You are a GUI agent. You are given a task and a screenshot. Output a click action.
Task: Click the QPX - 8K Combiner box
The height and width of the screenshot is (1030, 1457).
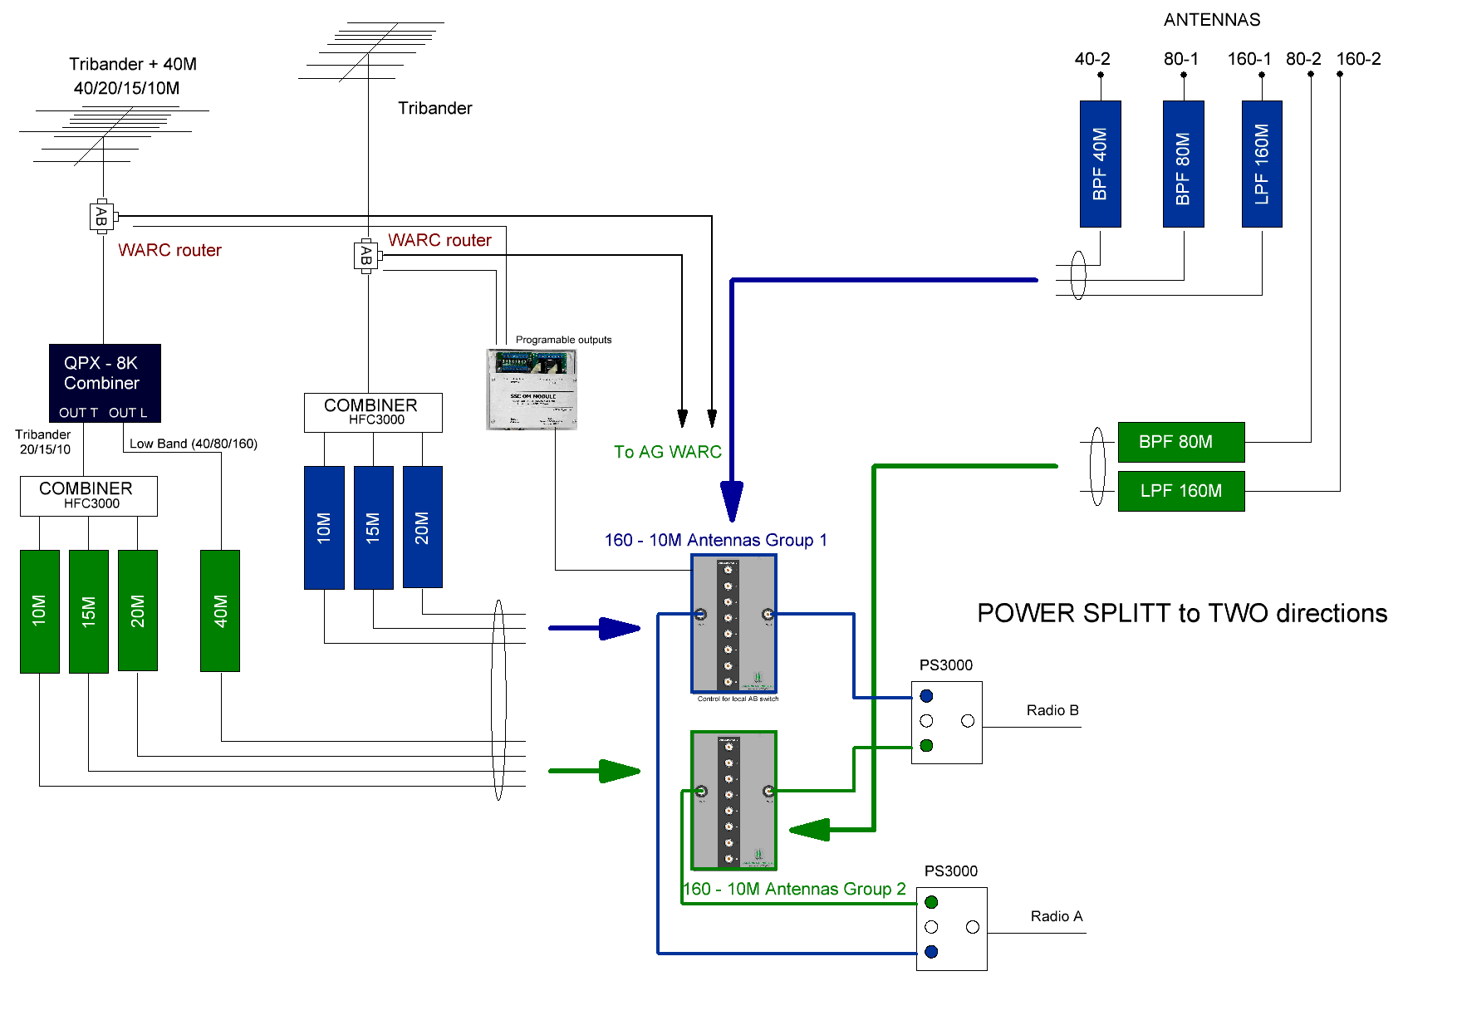click(105, 383)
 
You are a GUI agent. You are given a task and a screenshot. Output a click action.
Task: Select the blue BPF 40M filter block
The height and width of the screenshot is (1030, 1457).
click(1100, 164)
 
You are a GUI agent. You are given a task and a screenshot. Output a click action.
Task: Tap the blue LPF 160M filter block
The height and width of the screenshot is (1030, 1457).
click(1262, 164)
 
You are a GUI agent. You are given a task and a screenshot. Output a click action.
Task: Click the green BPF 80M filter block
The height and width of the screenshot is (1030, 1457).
click(1180, 442)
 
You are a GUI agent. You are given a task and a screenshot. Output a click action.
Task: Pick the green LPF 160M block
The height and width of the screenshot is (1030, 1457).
click(1180, 491)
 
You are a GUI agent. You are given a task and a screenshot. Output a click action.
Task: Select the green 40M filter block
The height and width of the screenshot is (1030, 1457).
click(220, 611)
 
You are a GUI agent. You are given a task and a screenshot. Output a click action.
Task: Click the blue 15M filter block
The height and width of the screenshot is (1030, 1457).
click(373, 527)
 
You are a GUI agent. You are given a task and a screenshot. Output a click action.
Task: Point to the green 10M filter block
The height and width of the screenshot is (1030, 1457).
click(39, 611)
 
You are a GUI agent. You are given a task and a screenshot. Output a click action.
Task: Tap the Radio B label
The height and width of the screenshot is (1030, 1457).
click(1052, 710)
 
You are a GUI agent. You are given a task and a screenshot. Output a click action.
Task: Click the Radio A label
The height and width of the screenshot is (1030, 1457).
click(1056, 916)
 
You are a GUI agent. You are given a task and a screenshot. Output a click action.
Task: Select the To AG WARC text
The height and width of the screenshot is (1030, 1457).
click(667, 452)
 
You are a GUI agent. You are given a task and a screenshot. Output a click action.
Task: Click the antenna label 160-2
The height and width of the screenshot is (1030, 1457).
click(1358, 59)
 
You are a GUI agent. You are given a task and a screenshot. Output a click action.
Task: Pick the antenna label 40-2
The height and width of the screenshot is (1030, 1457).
click(1092, 59)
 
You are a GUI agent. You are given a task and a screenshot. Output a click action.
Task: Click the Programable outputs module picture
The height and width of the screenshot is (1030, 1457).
click(532, 389)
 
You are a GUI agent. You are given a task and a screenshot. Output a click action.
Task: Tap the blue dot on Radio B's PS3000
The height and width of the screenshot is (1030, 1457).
click(927, 696)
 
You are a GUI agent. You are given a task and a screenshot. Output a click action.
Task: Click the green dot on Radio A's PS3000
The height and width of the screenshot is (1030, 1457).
click(931, 902)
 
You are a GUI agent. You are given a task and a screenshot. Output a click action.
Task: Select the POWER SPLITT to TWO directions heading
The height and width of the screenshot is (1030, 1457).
click(1181, 613)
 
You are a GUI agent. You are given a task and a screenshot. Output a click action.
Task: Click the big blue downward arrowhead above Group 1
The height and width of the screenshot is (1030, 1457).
click(732, 500)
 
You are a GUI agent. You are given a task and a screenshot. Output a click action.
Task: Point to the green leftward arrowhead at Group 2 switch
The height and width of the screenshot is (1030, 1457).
click(810, 829)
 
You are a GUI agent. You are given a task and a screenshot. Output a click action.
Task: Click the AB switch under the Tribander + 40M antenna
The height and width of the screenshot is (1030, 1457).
click(101, 217)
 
